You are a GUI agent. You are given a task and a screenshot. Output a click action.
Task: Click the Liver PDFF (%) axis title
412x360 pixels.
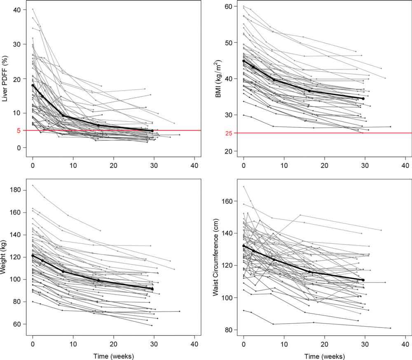(x=6, y=79)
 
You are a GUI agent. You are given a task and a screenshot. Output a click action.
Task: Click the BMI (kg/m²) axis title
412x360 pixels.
(x=217, y=78)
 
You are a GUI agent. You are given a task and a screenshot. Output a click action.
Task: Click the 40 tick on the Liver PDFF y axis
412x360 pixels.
(x=18, y=9)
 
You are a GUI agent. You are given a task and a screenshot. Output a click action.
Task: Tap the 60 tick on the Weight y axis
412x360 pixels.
(x=18, y=324)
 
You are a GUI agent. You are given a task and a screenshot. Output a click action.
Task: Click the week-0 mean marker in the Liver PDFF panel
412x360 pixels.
(x=33, y=85)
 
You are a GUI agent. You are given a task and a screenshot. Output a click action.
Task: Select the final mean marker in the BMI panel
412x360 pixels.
(x=363, y=98)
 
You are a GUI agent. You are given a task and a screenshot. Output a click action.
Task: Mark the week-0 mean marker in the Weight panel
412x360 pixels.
(x=33, y=256)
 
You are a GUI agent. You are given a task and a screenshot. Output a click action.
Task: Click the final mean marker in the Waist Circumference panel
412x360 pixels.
(x=363, y=280)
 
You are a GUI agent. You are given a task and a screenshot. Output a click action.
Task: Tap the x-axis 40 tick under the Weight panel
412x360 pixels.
(x=194, y=344)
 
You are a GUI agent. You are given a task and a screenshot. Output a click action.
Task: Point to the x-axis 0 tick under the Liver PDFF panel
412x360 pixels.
(x=33, y=165)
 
